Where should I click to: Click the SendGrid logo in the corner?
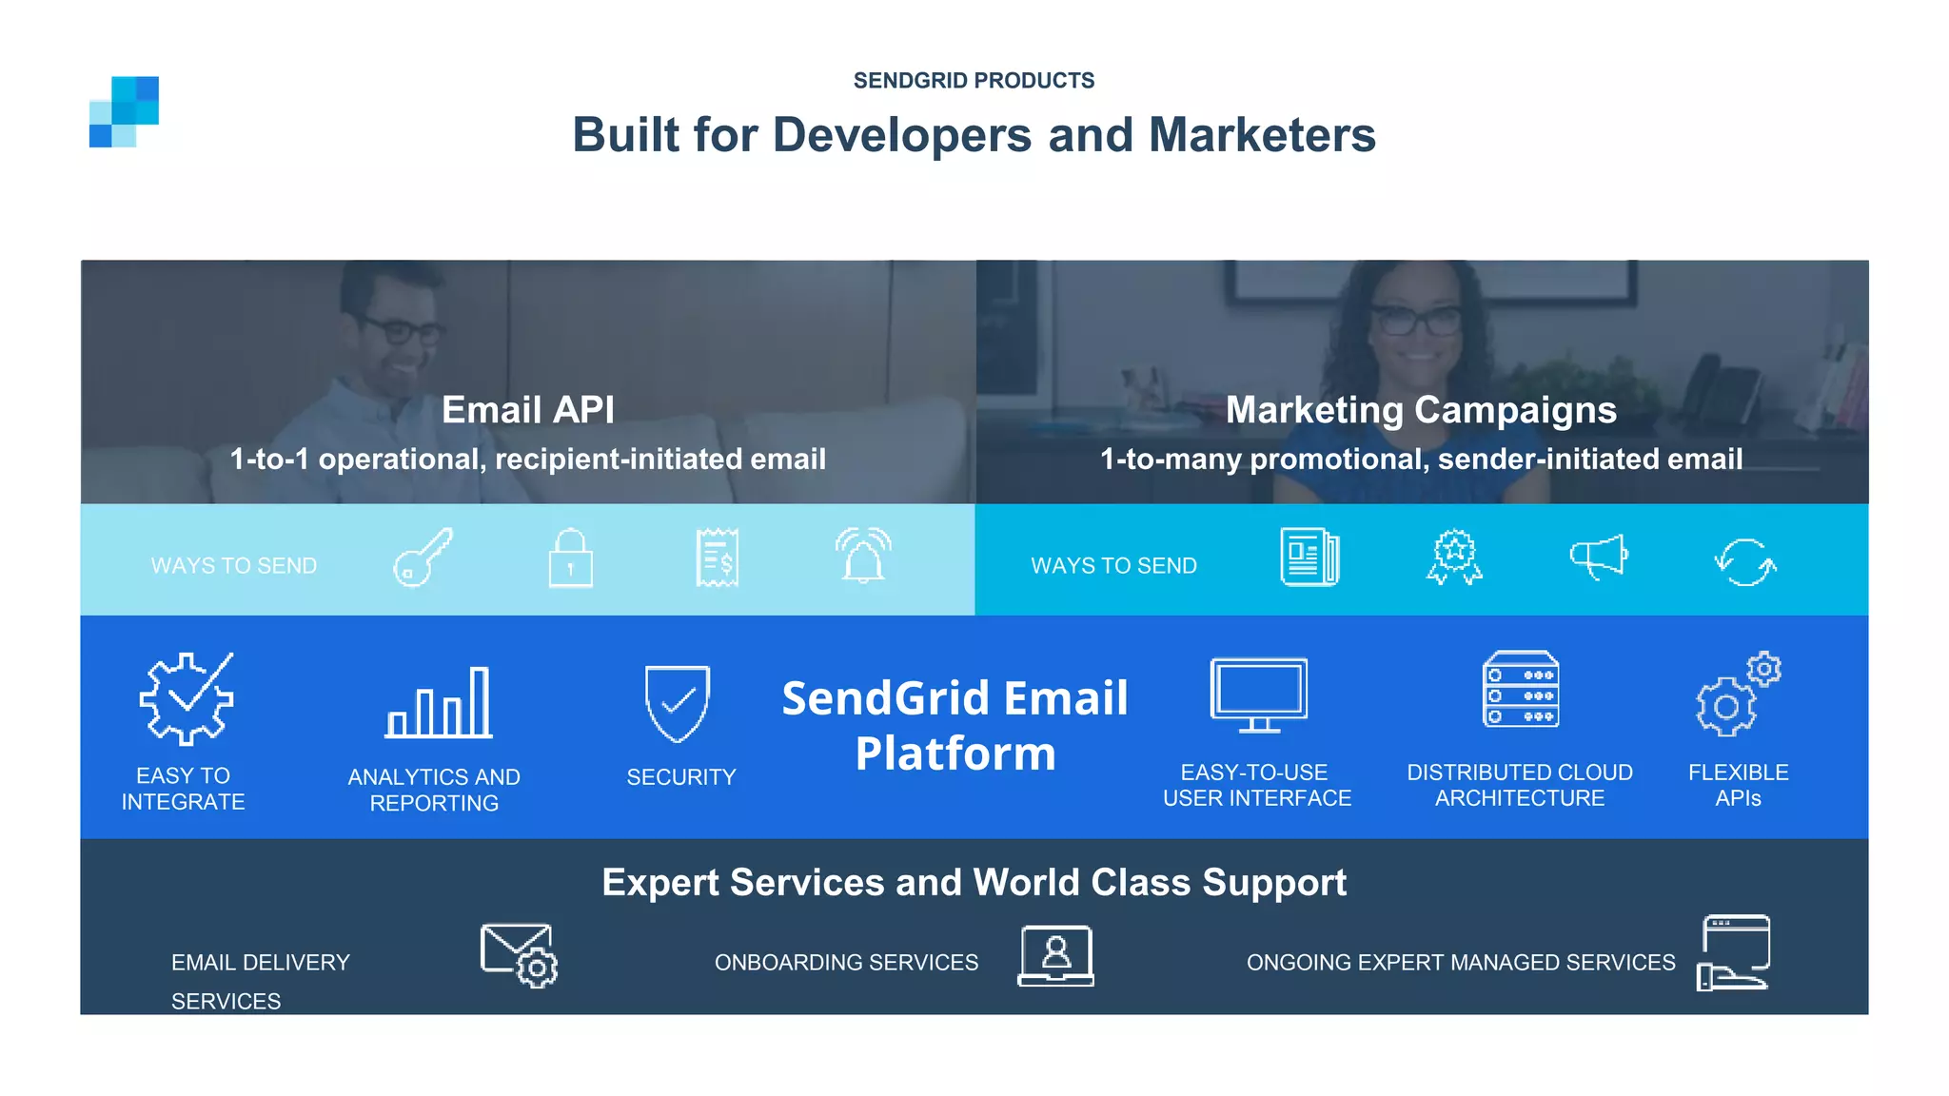pyautogui.click(x=124, y=111)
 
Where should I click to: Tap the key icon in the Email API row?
pyautogui.click(x=423, y=558)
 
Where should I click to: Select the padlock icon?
pyautogui.click(x=571, y=559)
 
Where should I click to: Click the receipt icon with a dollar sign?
pyautogui.click(x=717, y=558)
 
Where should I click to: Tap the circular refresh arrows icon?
pyautogui.click(x=1745, y=562)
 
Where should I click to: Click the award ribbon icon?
pyautogui.click(x=1454, y=558)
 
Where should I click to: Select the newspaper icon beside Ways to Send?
pyautogui.click(x=1309, y=558)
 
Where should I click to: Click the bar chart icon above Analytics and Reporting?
pyautogui.click(x=439, y=704)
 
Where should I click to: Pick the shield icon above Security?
pyautogui.click(x=678, y=703)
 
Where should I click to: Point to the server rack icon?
pyautogui.click(x=1521, y=690)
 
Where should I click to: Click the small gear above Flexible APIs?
pyautogui.click(x=1763, y=670)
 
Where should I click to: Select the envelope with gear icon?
pyautogui.click(x=519, y=955)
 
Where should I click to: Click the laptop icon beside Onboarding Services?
pyautogui.click(x=1056, y=955)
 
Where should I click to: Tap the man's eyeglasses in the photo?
pyautogui.click(x=400, y=330)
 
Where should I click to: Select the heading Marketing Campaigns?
pyautogui.click(x=1421, y=410)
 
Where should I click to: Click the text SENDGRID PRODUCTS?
pyautogui.click(x=974, y=81)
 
